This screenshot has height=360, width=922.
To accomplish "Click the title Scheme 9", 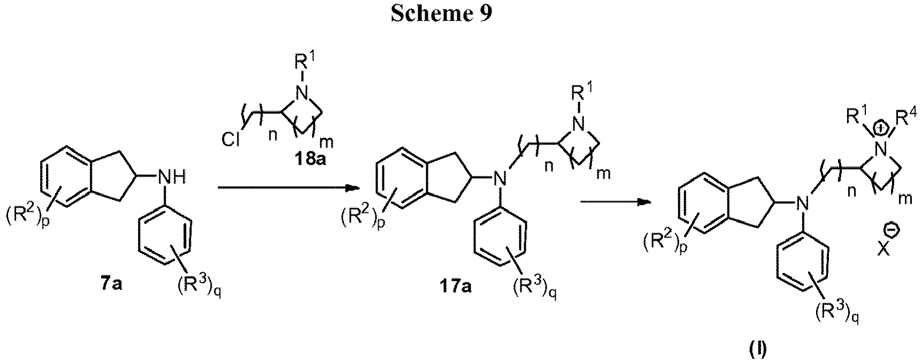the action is tap(441, 14).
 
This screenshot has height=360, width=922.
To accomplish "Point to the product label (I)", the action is tap(758, 351).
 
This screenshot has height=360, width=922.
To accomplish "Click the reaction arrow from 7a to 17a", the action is tap(287, 188).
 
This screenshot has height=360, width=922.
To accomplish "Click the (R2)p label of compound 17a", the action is tap(362, 219).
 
